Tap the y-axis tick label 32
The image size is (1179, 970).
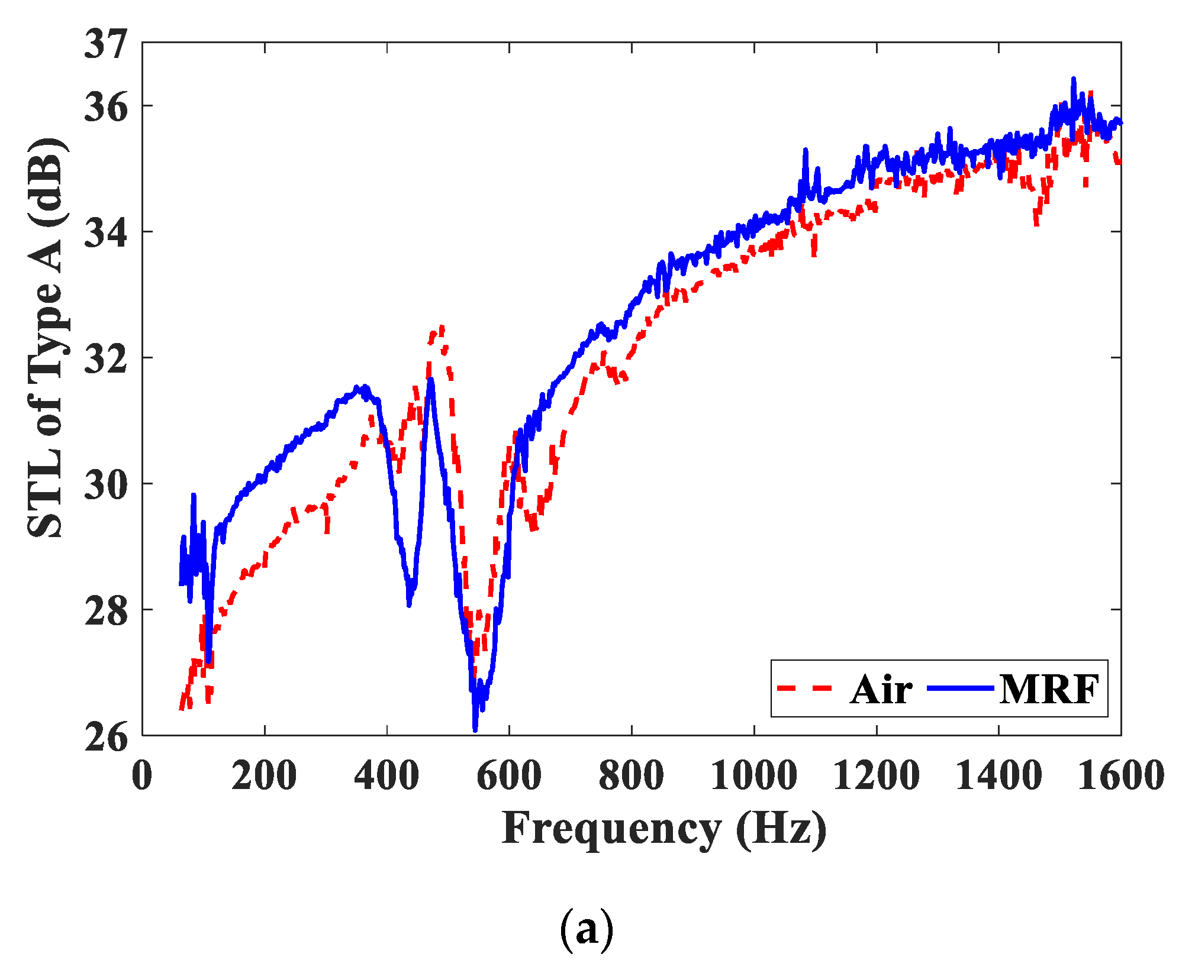[x=105, y=358]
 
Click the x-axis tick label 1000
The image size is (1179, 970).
[x=753, y=775]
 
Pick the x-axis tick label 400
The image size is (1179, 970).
[x=386, y=775]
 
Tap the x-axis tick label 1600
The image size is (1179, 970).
[x=1120, y=775]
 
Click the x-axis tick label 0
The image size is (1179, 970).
[x=142, y=775]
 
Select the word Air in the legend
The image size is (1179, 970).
[x=881, y=690]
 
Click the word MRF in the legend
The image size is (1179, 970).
[x=1049, y=690]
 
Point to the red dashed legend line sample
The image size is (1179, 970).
[x=805, y=688]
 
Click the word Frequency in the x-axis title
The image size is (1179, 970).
[x=611, y=829]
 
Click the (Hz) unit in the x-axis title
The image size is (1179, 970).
[x=781, y=829]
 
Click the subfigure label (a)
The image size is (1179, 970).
[x=586, y=930]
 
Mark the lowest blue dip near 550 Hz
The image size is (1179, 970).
[x=475, y=730]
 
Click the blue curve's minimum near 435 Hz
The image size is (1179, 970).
[x=409, y=604]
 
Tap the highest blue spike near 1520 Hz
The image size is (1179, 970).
[x=1073, y=79]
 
